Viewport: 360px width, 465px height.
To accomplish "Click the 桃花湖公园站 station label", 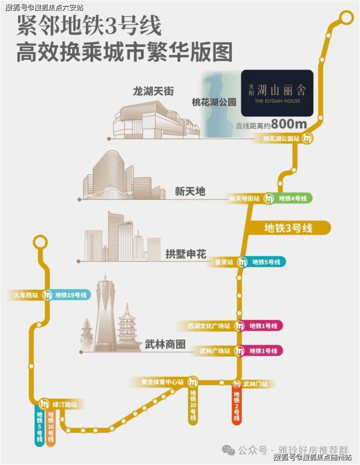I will pyautogui.click(x=281, y=138).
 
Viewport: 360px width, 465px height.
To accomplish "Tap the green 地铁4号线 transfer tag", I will pyautogui.click(x=292, y=199).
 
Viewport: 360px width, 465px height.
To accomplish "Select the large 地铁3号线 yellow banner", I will pyautogui.click(x=288, y=227).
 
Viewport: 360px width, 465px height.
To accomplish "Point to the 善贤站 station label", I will pyautogui.click(x=224, y=262).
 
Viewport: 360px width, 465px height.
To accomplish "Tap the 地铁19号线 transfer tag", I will pyautogui.click(x=71, y=295).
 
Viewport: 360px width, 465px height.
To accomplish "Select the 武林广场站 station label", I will pyautogui.click(x=215, y=351).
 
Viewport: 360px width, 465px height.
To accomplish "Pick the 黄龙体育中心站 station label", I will pyautogui.click(x=157, y=382).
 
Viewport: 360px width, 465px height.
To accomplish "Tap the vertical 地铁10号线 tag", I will pyautogui.click(x=193, y=405).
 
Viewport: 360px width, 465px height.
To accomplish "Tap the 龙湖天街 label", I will pyautogui.click(x=153, y=91).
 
